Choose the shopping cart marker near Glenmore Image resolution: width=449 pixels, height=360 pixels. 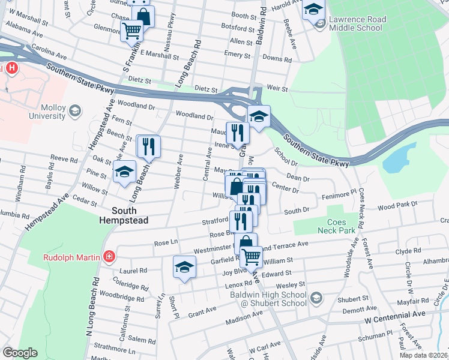click(x=132, y=31)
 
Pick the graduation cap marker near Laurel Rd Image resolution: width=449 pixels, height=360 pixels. click(x=185, y=268)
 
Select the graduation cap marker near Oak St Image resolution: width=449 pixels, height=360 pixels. click(x=124, y=174)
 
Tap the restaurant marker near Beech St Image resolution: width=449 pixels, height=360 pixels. click(x=148, y=146)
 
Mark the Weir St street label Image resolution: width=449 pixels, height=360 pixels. click(x=278, y=88)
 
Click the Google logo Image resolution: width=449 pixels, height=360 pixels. click(x=20, y=353)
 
